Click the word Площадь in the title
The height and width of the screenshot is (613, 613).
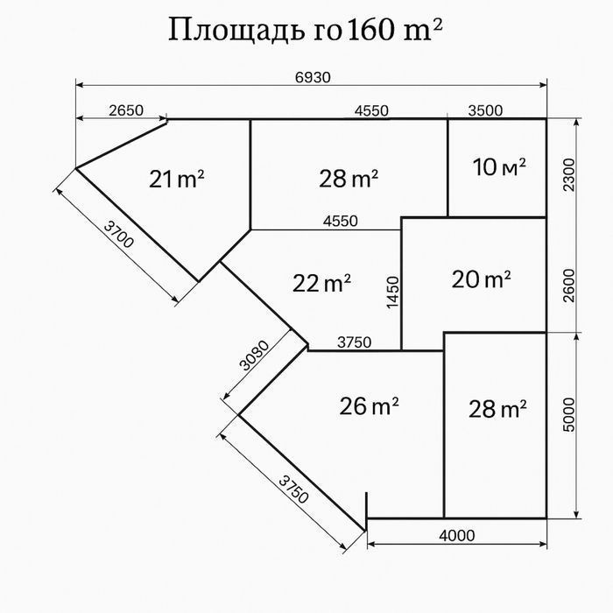[236, 30]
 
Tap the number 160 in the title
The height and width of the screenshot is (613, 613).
[370, 30]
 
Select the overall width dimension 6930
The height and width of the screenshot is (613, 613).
[313, 77]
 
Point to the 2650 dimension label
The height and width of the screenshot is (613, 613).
[126, 110]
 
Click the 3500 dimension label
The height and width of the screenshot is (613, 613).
[485, 111]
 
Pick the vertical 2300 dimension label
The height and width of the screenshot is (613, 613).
[569, 175]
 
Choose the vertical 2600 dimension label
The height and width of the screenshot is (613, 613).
[569, 285]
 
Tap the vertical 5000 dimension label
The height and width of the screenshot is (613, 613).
[569, 415]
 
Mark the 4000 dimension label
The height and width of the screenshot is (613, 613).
[456, 535]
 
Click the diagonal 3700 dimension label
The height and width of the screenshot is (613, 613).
[119, 234]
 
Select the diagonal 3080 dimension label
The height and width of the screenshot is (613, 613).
[255, 356]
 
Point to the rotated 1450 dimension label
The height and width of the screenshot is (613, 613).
[393, 292]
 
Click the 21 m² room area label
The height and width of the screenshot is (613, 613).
[176, 179]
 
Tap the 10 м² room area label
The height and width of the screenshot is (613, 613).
[499, 167]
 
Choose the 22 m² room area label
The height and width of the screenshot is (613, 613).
[321, 283]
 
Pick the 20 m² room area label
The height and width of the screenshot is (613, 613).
[481, 279]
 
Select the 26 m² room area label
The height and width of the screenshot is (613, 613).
[369, 405]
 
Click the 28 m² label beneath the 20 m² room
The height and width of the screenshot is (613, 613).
[497, 409]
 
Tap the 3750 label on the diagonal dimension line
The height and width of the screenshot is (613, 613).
[294, 490]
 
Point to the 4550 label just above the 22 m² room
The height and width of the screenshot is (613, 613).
[340, 222]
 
